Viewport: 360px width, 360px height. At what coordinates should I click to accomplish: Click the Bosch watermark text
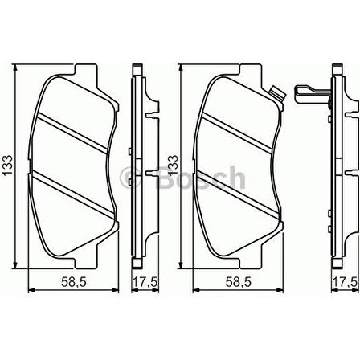click(201, 178)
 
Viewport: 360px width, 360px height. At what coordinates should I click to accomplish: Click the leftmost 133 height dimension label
click(7, 166)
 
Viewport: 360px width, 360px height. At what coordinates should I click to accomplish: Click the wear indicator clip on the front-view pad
click(277, 94)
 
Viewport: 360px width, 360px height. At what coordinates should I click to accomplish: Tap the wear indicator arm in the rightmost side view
click(312, 94)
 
